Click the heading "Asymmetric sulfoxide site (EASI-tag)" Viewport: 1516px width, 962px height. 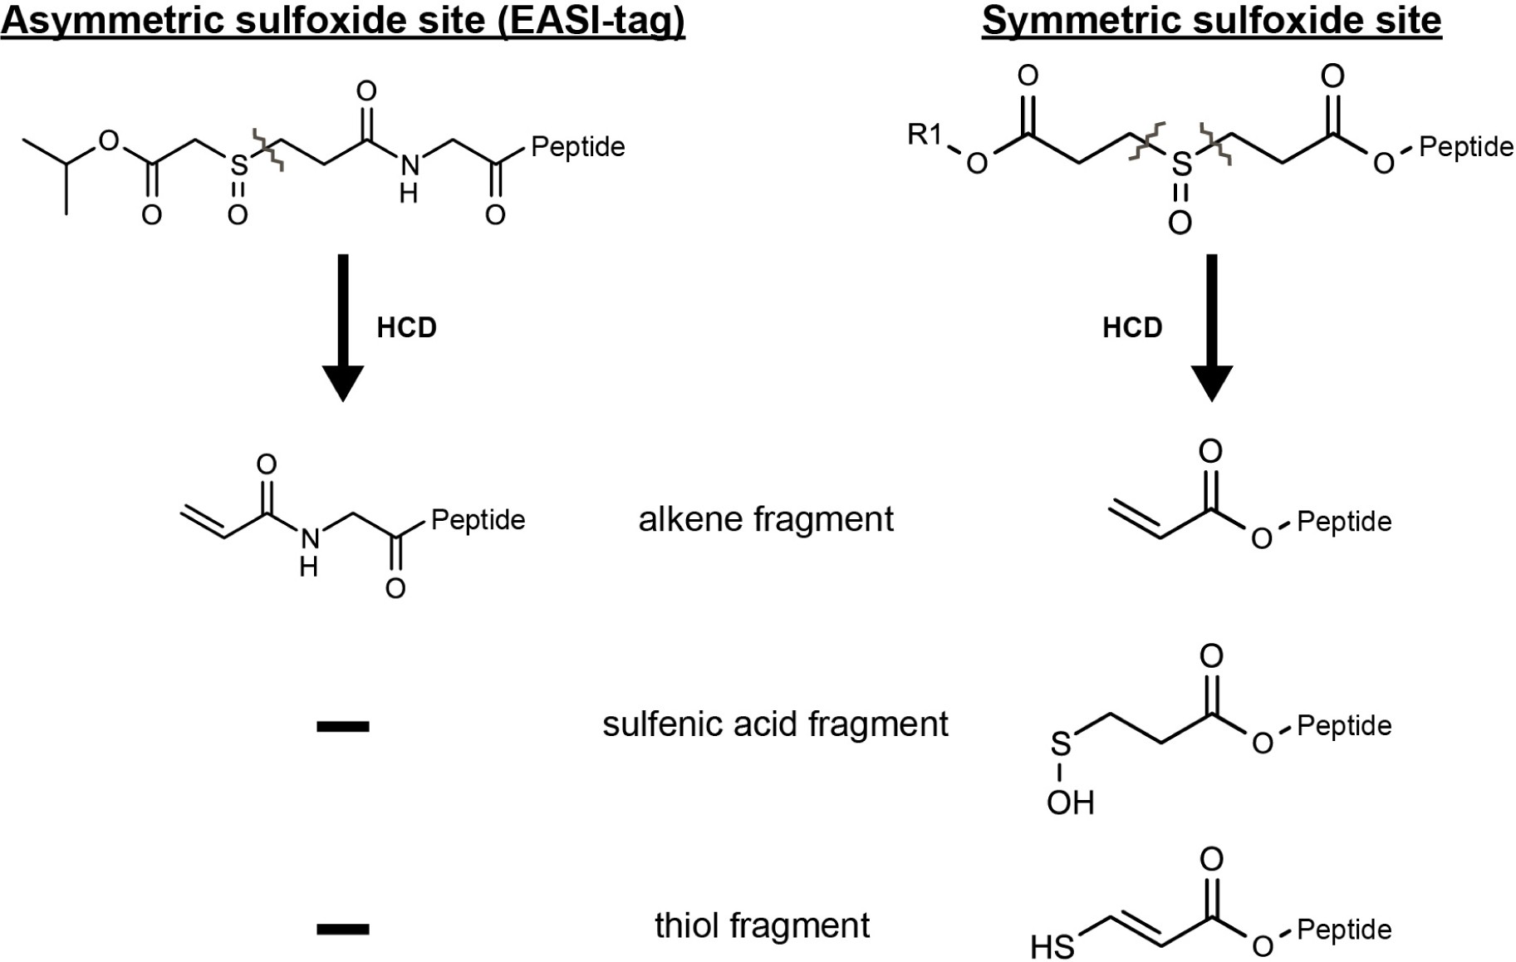(342, 20)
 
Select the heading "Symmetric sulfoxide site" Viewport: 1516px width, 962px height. (1211, 20)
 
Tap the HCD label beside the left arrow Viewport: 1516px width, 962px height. (406, 328)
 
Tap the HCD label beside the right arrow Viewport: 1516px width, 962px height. (1131, 328)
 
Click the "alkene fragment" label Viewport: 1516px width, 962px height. (765, 520)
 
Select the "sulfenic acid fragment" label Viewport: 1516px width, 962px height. (774, 724)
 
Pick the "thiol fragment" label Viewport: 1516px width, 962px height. (762, 925)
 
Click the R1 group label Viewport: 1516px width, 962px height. (925, 134)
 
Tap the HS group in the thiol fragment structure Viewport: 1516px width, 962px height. (1052, 946)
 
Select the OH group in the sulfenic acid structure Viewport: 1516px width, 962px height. (1070, 802)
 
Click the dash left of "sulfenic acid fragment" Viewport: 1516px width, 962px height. (342, 727)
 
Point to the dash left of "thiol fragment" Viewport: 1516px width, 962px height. (342, 929)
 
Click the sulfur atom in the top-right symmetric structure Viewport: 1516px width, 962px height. (1180, 164)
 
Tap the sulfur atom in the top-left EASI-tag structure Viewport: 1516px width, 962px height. (238, 165)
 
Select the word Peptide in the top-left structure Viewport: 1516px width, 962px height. (577, 147)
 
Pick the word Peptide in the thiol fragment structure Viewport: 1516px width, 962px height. (1343, 930)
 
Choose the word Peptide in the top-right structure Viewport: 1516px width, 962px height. (1465, 147)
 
